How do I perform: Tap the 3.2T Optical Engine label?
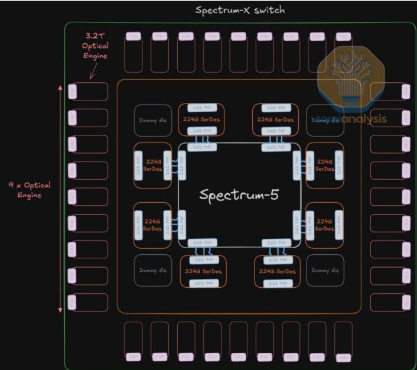95,47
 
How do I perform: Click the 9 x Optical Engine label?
29,190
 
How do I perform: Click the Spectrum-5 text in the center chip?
239,195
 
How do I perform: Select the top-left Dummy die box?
149,120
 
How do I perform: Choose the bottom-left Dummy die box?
149,271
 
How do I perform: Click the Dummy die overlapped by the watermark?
325,120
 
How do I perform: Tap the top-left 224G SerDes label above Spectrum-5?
202,120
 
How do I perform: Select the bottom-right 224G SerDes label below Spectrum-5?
276,271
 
